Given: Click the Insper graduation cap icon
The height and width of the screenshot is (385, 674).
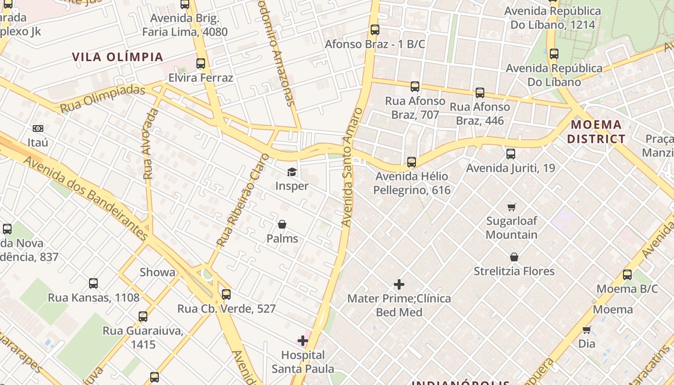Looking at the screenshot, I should tap(292, 172).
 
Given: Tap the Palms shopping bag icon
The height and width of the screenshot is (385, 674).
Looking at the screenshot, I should tap(282, 224).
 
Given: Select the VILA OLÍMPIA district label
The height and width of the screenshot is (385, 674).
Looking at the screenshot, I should tap(118, 57).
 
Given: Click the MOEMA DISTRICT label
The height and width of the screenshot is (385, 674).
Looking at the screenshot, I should tap(596, 132).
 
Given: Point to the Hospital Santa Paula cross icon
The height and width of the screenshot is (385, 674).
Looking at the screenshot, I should tap(303, 341).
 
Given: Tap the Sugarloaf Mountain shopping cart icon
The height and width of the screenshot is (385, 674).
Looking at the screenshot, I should tap(511, 207).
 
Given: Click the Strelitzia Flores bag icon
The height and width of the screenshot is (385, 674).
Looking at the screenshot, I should tap(514, 257).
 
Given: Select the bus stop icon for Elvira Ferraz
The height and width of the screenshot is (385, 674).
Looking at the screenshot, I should tap(201, 64).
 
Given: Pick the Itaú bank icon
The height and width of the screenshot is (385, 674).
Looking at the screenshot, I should tap(38, 128).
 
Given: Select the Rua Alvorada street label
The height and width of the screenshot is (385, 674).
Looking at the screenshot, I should tap(150, 144).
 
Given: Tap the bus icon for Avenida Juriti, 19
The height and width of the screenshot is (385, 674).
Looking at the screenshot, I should tap(511, 154).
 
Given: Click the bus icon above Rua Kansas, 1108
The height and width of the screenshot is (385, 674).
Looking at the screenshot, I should tap(93, 283).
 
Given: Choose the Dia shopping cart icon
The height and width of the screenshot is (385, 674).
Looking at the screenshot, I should tap(586, 330).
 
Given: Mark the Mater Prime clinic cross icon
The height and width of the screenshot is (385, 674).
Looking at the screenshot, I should tap(399, 284).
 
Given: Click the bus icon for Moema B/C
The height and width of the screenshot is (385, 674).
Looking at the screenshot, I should tap(627, 275).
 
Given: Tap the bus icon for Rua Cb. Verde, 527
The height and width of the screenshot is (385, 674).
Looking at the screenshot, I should tap(226, 294).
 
